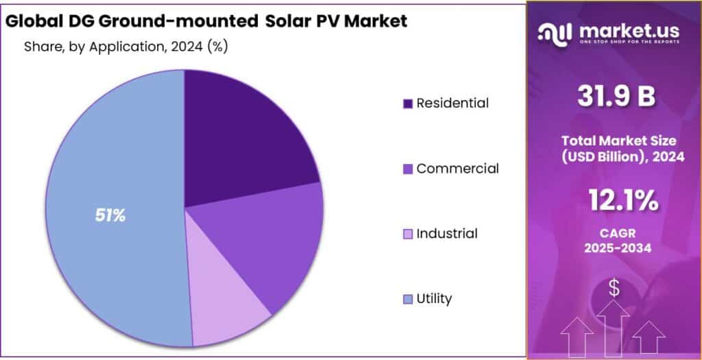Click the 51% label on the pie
110,215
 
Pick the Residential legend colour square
408,104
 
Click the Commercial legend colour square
408,169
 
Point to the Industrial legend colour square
408,234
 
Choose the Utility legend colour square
408,299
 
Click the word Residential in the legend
452,104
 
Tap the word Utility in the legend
434,299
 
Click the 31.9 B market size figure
614,97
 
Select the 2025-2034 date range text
614,249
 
